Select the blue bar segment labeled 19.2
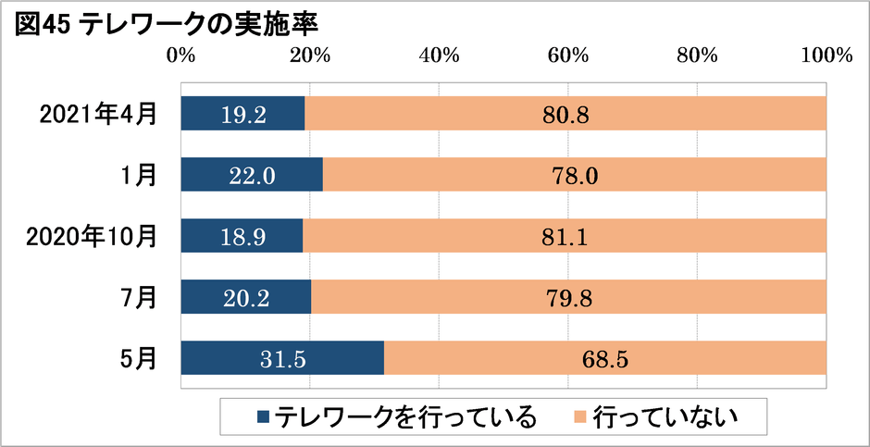(242, 114)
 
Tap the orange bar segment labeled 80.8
(565, 114)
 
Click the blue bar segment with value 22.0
(252, 175)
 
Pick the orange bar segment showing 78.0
(574, 175)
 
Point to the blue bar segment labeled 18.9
(242, 236)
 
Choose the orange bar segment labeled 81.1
(565, 236)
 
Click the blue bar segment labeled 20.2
(246, 297)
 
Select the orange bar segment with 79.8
(568, 297)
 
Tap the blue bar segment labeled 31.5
(282, 358)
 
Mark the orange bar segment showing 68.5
(604, 358)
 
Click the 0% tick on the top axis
(180, 56)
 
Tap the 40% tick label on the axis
(440, 56)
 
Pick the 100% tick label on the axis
(826, 56)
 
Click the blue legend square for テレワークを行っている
(262, 417)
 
